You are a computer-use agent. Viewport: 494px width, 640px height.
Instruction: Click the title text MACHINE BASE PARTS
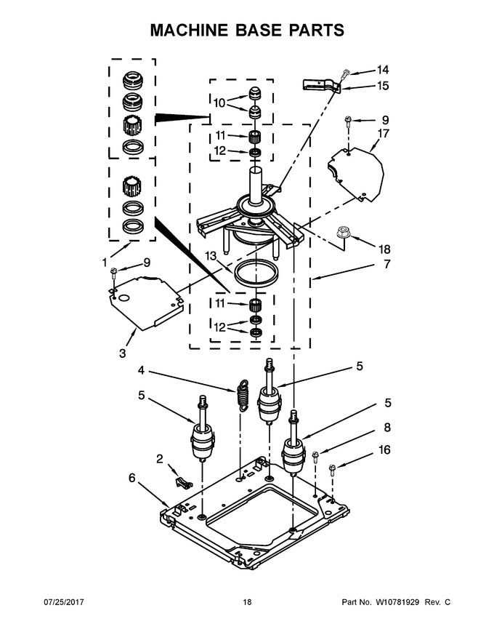tap(246, 30)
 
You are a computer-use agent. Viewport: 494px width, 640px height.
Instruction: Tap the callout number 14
tap(382, 70)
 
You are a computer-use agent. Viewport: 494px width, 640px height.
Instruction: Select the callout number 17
tap(384, 133)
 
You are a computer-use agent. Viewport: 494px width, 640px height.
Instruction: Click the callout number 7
tap(387, 264)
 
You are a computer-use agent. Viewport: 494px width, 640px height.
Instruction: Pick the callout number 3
tap(122, 353)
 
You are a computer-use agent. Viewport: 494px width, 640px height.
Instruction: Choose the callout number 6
tap(131, 478)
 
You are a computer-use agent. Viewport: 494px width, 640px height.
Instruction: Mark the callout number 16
tap(384, 450)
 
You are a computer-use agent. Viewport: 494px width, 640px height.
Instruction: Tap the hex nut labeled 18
tap(345, 234)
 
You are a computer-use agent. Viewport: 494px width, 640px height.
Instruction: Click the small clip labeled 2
tap(182, 481)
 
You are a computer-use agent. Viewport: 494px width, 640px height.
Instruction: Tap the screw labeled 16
tap(332, 469)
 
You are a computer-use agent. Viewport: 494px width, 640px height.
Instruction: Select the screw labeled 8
tap(316, 457)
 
